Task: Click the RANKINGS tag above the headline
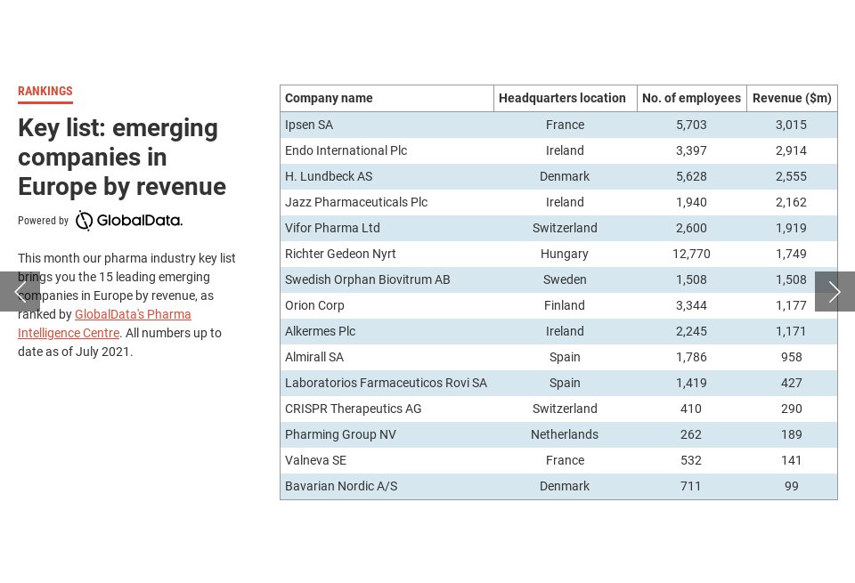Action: (45, 92)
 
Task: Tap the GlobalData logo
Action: (129, 221)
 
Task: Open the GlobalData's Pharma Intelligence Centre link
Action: (133, 314)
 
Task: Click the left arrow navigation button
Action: (20, 292)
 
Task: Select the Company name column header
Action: (329, 98)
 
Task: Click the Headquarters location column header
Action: (562, 98)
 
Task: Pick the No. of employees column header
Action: (691, 98)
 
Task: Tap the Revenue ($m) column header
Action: (792, 98)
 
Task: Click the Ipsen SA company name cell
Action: (309, 125)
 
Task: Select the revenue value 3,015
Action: (791, 125)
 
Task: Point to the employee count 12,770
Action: (691, 254)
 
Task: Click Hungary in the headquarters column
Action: (565, 254)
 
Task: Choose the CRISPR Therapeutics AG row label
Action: (354, 409)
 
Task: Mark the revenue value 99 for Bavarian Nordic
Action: (791, 486)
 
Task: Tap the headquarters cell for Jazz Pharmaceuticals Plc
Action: (565, 202)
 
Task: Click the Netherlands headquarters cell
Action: (565, 434)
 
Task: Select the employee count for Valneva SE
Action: (691, 460)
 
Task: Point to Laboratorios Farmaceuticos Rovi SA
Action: (386, 383)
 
